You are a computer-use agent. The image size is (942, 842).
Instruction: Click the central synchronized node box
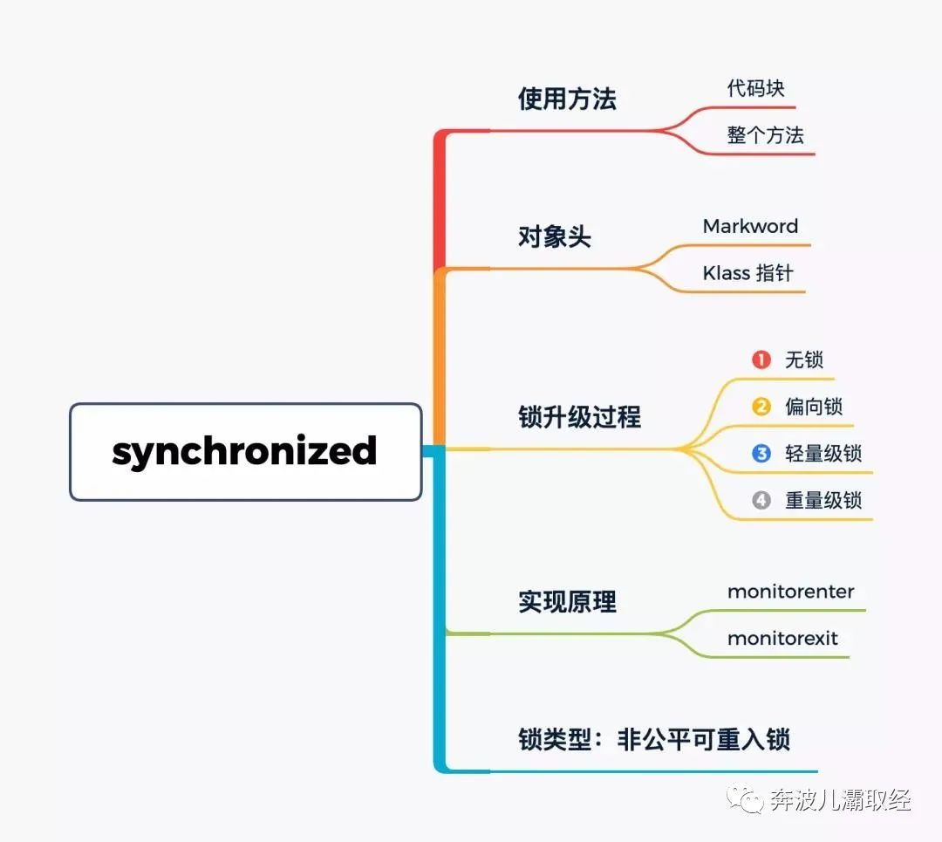(x=246, y=452)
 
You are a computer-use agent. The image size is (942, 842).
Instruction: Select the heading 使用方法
(x=567, y=99)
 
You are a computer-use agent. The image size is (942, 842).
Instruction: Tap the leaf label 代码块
(x=755, y=88)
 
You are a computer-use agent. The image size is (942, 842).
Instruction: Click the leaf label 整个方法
(x=766, y=135)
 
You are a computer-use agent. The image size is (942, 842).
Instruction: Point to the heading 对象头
(x=555, y=236)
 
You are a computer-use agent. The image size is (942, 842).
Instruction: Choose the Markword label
(x=750, y=226)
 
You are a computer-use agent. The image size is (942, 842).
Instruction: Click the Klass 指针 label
(x=748, y=273)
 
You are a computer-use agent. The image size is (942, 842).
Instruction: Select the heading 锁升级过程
(x=580, y=417)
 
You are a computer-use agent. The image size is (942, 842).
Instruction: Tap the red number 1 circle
(x=761, y=360)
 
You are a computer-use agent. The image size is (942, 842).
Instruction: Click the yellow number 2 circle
(x=761, y=407)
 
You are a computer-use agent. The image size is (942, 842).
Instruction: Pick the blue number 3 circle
(x=761, y=453)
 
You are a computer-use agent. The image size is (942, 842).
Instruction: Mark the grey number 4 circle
(x=761, y=500)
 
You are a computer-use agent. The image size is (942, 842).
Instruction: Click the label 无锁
(x=804, y=360)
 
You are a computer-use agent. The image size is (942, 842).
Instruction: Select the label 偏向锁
(x=814, y=407)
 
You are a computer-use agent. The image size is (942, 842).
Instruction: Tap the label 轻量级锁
(x=823, y=453)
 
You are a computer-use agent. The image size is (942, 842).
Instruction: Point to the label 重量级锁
(x=823, y=500)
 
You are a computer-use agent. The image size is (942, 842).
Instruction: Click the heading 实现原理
(x=567, y=602)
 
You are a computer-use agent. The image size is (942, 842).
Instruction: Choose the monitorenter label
(x=790, y=592)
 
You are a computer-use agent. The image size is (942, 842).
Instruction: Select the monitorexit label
(x=782, y=638)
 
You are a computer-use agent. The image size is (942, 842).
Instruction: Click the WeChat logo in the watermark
(x=745, y=798)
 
